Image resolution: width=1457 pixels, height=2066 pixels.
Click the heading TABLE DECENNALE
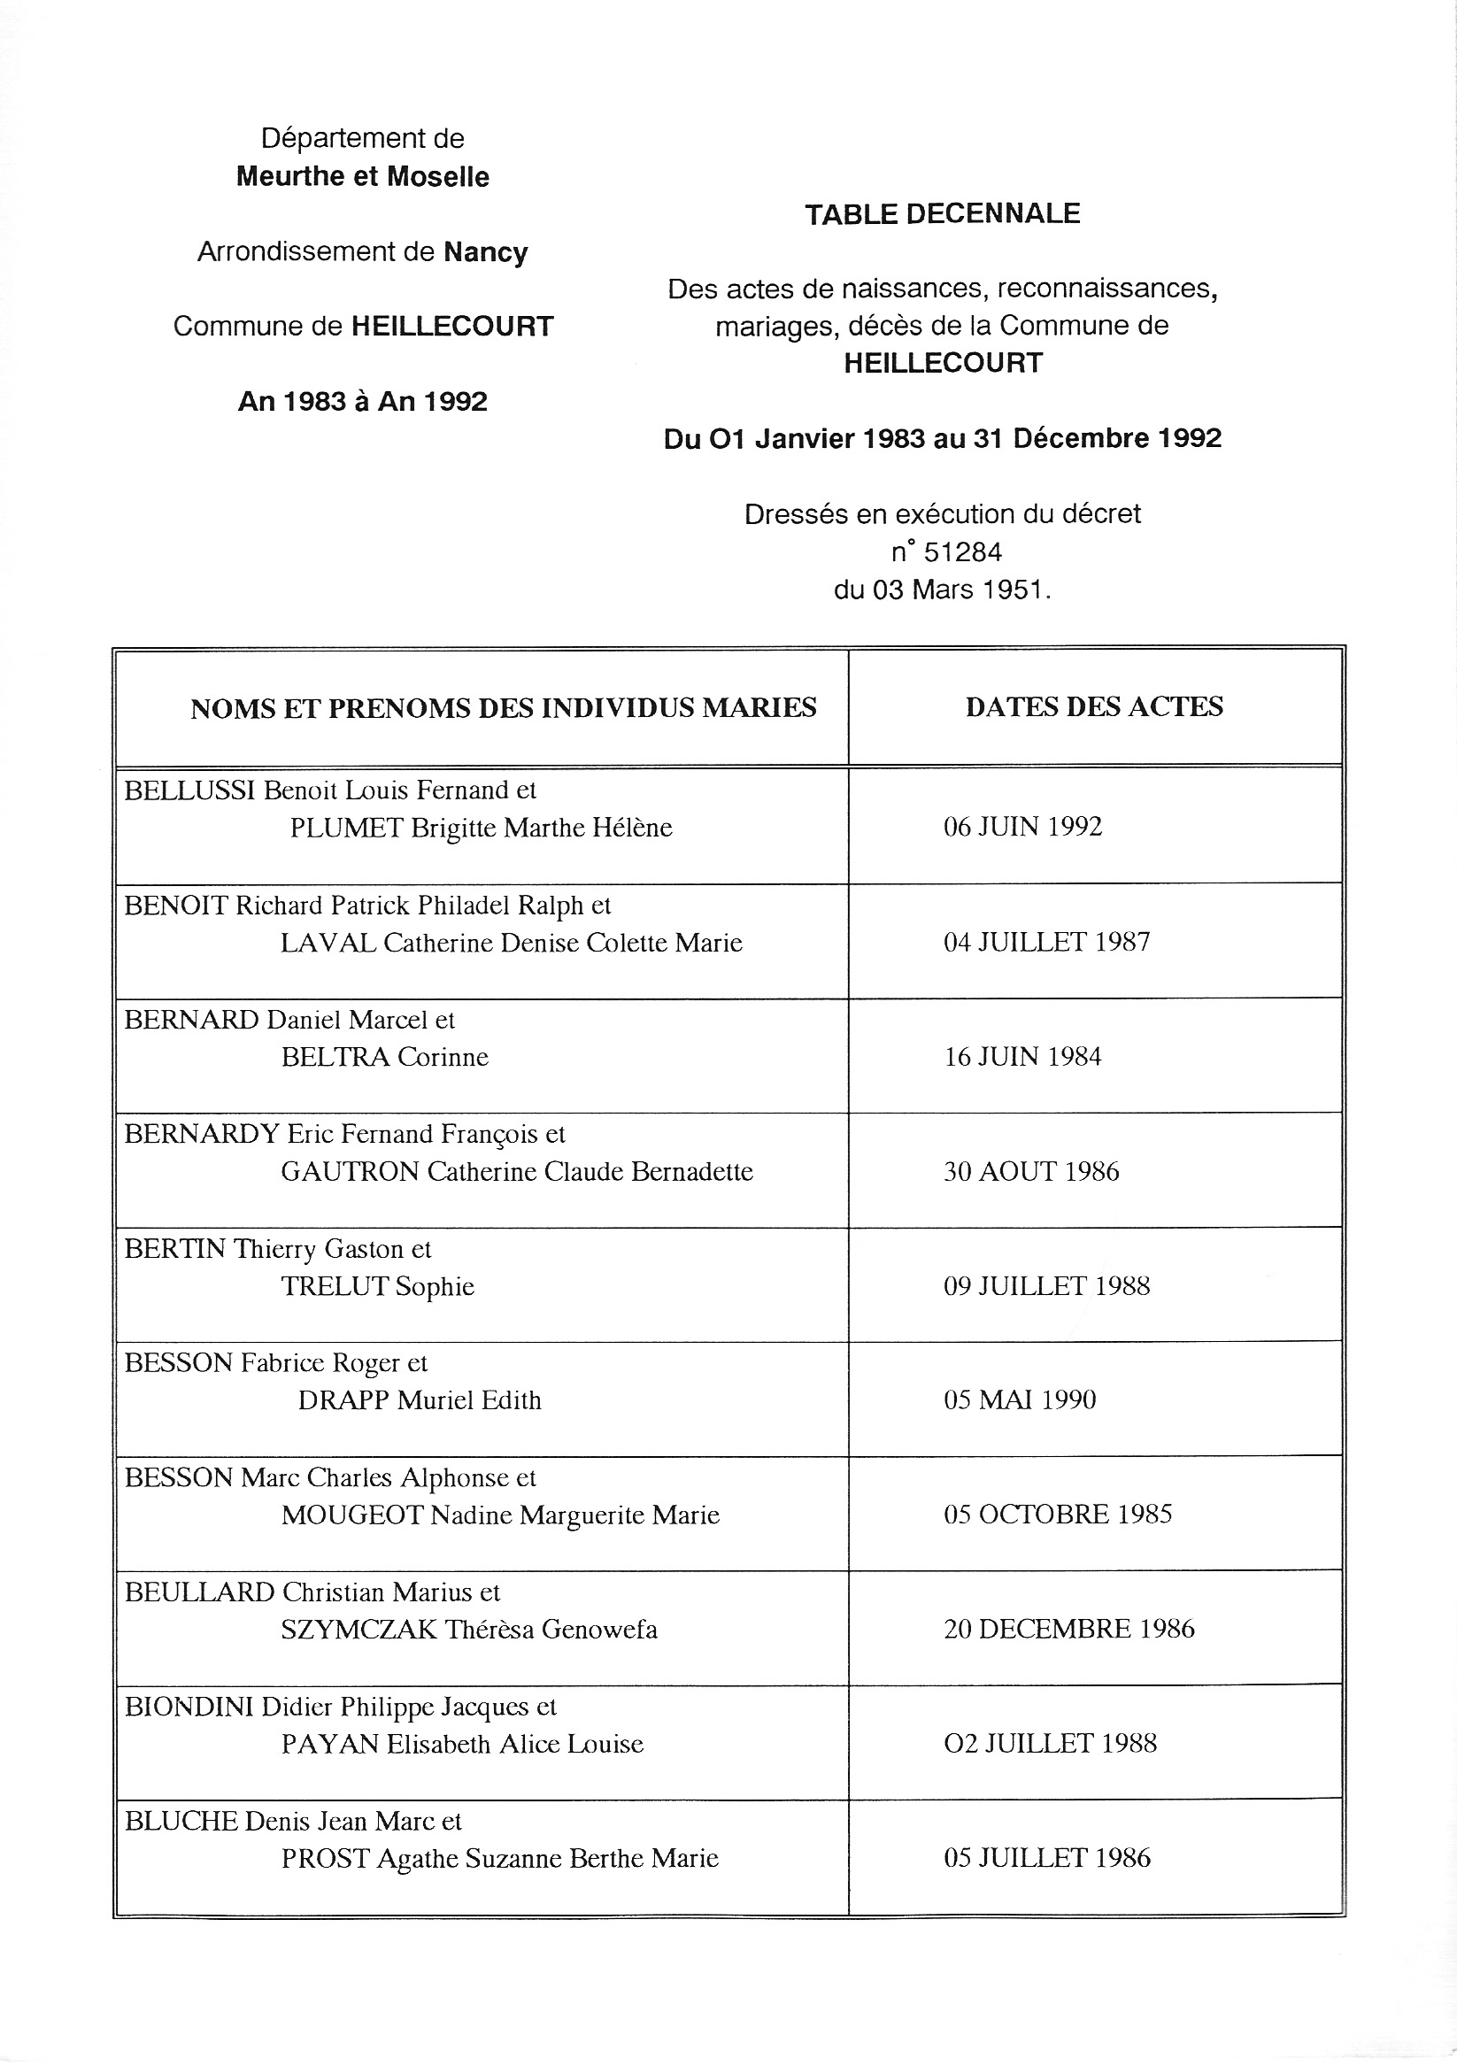click(941, 214)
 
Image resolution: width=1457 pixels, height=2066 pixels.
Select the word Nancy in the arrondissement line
click(485, 252)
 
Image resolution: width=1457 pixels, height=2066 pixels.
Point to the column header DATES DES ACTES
click(1093, 707)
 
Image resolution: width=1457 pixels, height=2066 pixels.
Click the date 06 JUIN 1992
click(1022, 827)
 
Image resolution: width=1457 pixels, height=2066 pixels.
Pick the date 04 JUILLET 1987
click(1045, 942)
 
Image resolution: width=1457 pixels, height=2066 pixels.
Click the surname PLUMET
click(346, 828)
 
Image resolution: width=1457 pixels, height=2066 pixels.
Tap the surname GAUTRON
click(350, 1172)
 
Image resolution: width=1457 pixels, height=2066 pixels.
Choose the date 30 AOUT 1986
click(1030, 1172)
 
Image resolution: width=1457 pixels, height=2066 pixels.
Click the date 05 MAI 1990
click(1019, 1400)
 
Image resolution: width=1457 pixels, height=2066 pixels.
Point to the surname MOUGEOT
click(352, 1515)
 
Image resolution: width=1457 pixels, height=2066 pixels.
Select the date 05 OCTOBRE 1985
click(1058, 1515)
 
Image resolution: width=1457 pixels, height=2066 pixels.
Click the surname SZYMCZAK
click(359, 1630)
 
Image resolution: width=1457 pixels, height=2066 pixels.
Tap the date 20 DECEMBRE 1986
click(1068, 1629)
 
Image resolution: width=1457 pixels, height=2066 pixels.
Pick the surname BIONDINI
click(189, 1707)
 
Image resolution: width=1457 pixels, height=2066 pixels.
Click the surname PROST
click(325, 1859)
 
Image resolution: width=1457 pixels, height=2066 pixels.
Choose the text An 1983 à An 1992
click(362, 401)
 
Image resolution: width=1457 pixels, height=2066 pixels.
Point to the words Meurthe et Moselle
click(362, 176)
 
